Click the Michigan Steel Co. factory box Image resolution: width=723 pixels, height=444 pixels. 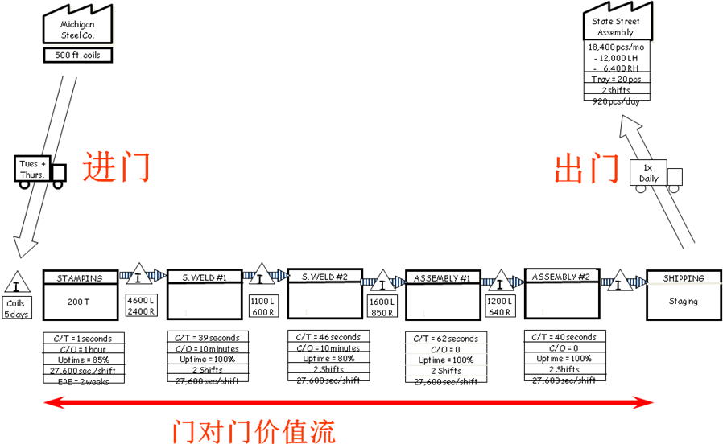(x=77, y=28)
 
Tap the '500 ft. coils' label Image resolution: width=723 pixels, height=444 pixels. (x=77, y=55)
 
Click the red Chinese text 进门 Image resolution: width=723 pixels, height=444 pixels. (x=117, y=167)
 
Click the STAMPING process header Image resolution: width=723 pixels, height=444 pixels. (x=80, y=278)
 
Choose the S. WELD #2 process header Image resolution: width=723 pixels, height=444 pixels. (x=324, y=277)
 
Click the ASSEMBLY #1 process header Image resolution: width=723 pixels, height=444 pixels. (x=442, y=278)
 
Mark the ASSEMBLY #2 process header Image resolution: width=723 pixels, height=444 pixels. (x=561, y=277)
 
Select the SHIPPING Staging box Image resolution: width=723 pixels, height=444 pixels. (x=684, y=294)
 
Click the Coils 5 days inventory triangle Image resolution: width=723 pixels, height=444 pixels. (x=16, y=284)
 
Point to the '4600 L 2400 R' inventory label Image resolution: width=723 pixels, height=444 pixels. (x=141, y=306)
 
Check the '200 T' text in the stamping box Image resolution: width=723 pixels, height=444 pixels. (x=80, y=302)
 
